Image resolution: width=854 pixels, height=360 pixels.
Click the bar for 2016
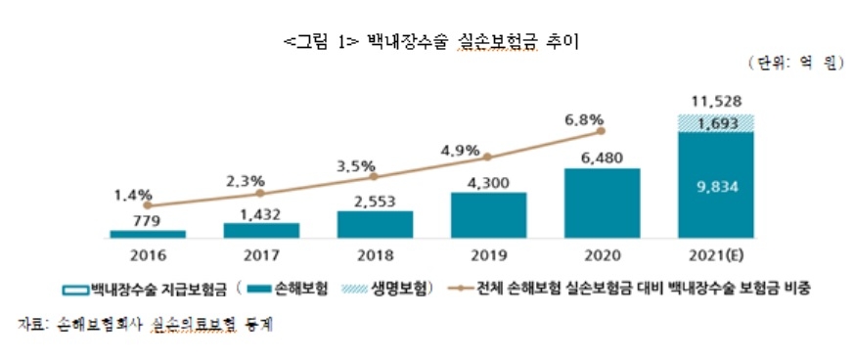point(148,234)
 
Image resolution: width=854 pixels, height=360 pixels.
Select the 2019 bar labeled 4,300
point(488,215)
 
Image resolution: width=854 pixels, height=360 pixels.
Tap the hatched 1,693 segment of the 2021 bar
point(715,122)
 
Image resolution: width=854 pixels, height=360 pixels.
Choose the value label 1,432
point(261,213)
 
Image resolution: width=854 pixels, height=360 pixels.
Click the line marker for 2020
point(602,130)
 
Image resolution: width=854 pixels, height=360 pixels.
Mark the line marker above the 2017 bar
point(261,194)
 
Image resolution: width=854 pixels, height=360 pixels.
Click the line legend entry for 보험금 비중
point(635,290)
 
